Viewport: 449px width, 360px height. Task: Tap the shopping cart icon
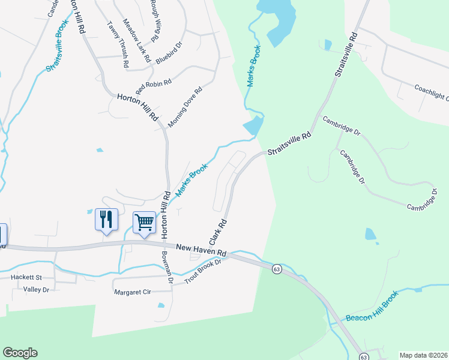tap(144, 223)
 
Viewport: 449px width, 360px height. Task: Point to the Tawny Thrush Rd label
tap(118, 44)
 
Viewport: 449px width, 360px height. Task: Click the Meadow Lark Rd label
tap(134, 38)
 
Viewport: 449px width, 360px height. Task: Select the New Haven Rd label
tap(200, 248)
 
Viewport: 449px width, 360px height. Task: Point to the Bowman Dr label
tap(167, 267)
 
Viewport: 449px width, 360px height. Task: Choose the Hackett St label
tap(26, 278)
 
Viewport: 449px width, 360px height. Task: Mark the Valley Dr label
tap(35, 289)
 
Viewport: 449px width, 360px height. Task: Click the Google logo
tap(20, 353)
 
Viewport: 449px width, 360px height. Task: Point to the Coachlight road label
tap(431, 92)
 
